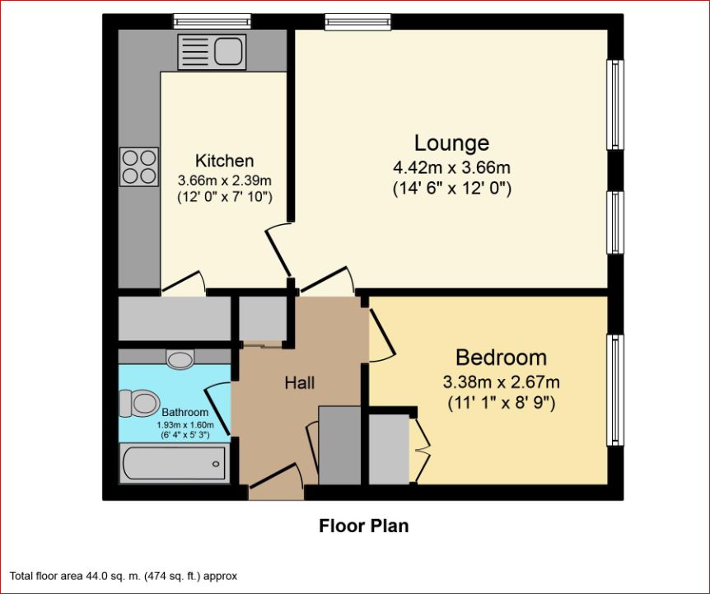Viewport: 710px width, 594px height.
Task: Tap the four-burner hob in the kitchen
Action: pyautogui.click(x=138, y=166)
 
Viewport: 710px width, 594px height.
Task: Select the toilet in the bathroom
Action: pyautogui.click(x=138, y=403)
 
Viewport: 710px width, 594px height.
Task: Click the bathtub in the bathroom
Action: pyautogui.click(x=174, y=463)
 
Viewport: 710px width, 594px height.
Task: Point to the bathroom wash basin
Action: pyautogui.click(x=180, y=358)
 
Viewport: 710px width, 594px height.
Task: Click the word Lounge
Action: pyautogui.click(x=451, y=143)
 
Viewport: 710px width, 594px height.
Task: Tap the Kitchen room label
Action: pyautogui.click(x=224, y=160)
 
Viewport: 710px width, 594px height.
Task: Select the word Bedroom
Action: pyautogui.click(x=501, y=358)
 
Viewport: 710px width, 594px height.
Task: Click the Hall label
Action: pyautogui.click(x=300, y=382)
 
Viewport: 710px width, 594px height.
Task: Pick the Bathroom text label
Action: pyautogui.click(x=185, y=412)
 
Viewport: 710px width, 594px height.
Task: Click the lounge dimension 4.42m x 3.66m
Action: pyautogui.click(x=451, y=168)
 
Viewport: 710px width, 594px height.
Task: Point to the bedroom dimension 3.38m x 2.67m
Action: pyautogui.click(x=501, y=382)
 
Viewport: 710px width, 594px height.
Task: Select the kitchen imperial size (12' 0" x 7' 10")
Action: pyautogui.click(x=224, y=197)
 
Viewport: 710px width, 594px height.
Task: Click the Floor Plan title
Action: pyautogui.click(x=363, y=526)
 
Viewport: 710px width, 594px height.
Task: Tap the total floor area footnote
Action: pyautogui.click(x=124, y=576)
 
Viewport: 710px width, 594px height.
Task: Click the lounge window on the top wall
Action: pyautogui.click(x=357, y=21)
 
